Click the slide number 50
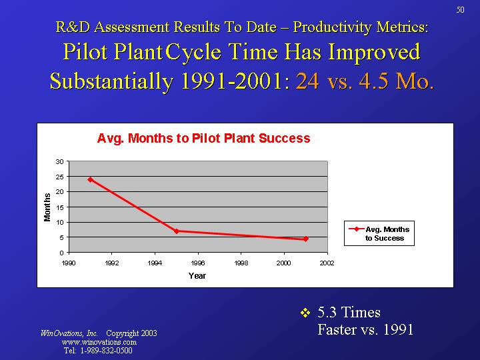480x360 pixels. [460, 9]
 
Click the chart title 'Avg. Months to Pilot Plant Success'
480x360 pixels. [203, 139]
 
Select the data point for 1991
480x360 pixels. [90, 179]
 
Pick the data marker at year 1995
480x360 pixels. [176, 231]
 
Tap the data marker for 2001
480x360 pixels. [305, 239]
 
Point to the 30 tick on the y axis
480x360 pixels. [60, 161]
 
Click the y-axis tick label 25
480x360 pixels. [60, 177]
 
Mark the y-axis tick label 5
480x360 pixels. [62, 237]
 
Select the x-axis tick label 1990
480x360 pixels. [69, 263]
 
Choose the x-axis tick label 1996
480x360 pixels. [198, 263]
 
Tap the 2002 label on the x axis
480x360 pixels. [327, 263]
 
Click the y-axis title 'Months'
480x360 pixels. [47, 207]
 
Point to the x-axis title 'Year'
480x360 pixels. [197, 276]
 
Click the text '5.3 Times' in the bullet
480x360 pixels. [349, 312]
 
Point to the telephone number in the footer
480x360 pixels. [98, 351]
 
